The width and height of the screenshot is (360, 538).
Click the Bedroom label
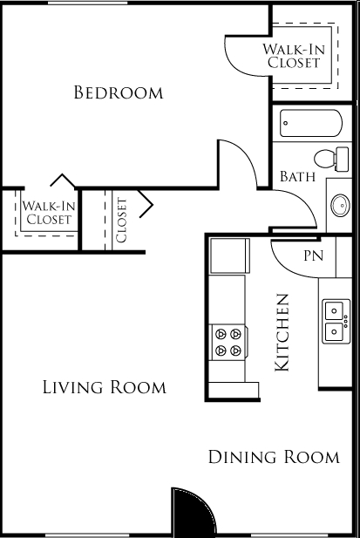click(x=119, y=92)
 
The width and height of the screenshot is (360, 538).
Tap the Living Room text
click(x=105, y=387)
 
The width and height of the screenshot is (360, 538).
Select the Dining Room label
click(x=274, y=457)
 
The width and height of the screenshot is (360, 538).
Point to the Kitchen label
click(x=282, y=332)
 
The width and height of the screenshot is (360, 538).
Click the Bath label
click(x=297, y=176)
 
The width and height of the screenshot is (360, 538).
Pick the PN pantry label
click(x=314, y=255)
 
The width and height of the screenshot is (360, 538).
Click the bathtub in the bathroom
click(x=311, y=123)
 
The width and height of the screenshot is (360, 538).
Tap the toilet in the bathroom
click(x=331, y=160)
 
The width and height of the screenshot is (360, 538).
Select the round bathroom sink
click(x=341, y=205)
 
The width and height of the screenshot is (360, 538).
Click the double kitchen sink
click(x=336, y=321)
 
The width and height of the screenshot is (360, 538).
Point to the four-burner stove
click(x=228, y=343)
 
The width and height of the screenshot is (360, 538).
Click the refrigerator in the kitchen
click(x=230, y=256)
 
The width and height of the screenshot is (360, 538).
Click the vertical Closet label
click(x=122, y=220)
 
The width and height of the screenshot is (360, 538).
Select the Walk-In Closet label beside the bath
click(x=294, y=56)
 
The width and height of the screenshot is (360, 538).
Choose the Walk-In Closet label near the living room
click(x=48, y=213)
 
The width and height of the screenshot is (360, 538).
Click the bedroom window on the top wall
click(x=87, y=3)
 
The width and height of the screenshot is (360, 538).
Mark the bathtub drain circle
click(x=286, y=123)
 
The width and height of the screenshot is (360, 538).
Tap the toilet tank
click(x=343, y=160)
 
